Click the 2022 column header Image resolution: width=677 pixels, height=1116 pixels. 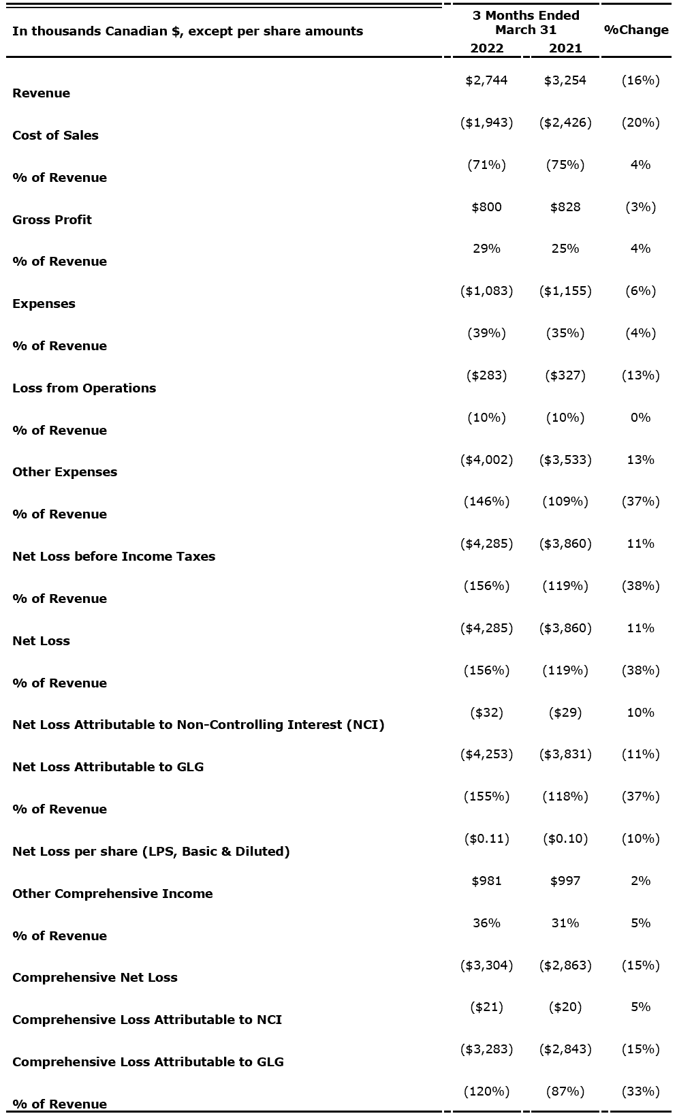(x=487, y=48)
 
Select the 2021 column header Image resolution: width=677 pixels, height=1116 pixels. (x=565, y=48)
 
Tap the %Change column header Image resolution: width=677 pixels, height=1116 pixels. (x=636, y=30)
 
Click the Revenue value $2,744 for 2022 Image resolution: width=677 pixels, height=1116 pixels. (x=486, y=80)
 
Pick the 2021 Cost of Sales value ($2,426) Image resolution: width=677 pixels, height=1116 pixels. (x=565, y=123)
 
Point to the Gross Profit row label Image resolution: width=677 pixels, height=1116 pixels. (x=52, y=219)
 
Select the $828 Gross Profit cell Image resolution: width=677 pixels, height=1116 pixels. (x=565, y=207)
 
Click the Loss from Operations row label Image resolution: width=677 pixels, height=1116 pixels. (x=84, y=388)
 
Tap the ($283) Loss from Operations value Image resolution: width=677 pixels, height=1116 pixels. (x=486, y=375)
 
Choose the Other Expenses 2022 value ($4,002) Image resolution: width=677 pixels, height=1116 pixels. (x=486, y=460)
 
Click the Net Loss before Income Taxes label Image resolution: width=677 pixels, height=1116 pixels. (x=114, y=556)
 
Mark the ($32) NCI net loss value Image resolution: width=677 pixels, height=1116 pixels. (x=486, y=713)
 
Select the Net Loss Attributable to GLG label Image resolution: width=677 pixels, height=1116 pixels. (x=108, y=766)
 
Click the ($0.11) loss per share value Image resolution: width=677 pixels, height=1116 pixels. (x=486, y=839)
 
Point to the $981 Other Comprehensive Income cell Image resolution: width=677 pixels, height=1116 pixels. (x=486, y=881)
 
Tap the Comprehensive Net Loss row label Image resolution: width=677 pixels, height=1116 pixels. (x=95, y=977)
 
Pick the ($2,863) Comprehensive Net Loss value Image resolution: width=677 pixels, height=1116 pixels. (x=565, y=965)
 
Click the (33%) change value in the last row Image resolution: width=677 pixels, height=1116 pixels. (x=640, y=1091)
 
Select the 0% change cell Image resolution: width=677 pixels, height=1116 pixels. (x=640, y=418)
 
